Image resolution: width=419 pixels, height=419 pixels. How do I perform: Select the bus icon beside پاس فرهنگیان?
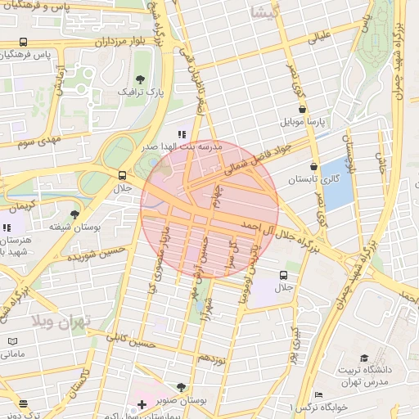(x=23, y=43)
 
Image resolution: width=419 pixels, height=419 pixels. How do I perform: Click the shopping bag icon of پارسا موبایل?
(x=303, y=108)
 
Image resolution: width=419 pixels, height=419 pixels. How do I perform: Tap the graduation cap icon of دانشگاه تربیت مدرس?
(x=364, y=358)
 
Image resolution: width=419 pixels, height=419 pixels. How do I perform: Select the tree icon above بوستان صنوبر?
(x=181, y=387)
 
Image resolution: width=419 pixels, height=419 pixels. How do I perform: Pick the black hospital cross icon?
(x=142, y=404)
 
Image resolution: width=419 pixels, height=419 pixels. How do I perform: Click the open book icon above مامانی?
(x=11, y=341)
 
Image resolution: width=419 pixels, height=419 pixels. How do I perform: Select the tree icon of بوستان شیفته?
(x=74, y=214)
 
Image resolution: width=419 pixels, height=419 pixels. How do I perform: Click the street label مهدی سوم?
(x=39, y=142)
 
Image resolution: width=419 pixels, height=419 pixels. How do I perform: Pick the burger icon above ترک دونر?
(x=22, y=403)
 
